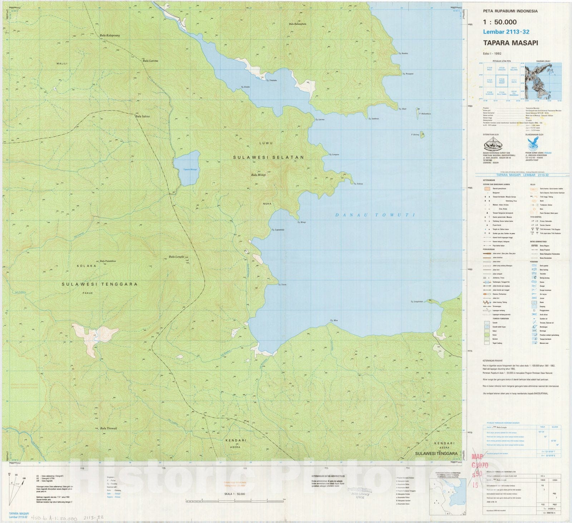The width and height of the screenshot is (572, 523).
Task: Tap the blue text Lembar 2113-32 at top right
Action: point(506,32)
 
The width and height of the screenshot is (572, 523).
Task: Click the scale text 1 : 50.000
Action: point(500,22)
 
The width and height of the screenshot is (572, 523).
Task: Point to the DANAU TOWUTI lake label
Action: point(375,215)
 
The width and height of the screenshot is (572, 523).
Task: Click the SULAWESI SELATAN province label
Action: point(268,157)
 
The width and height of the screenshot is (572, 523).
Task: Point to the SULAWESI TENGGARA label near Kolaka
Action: point(99,284)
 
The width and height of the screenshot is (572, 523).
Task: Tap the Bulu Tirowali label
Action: point(108,428)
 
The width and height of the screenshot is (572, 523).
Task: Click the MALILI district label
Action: point(62,63)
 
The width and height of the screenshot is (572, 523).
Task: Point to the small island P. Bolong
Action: point(422,135)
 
